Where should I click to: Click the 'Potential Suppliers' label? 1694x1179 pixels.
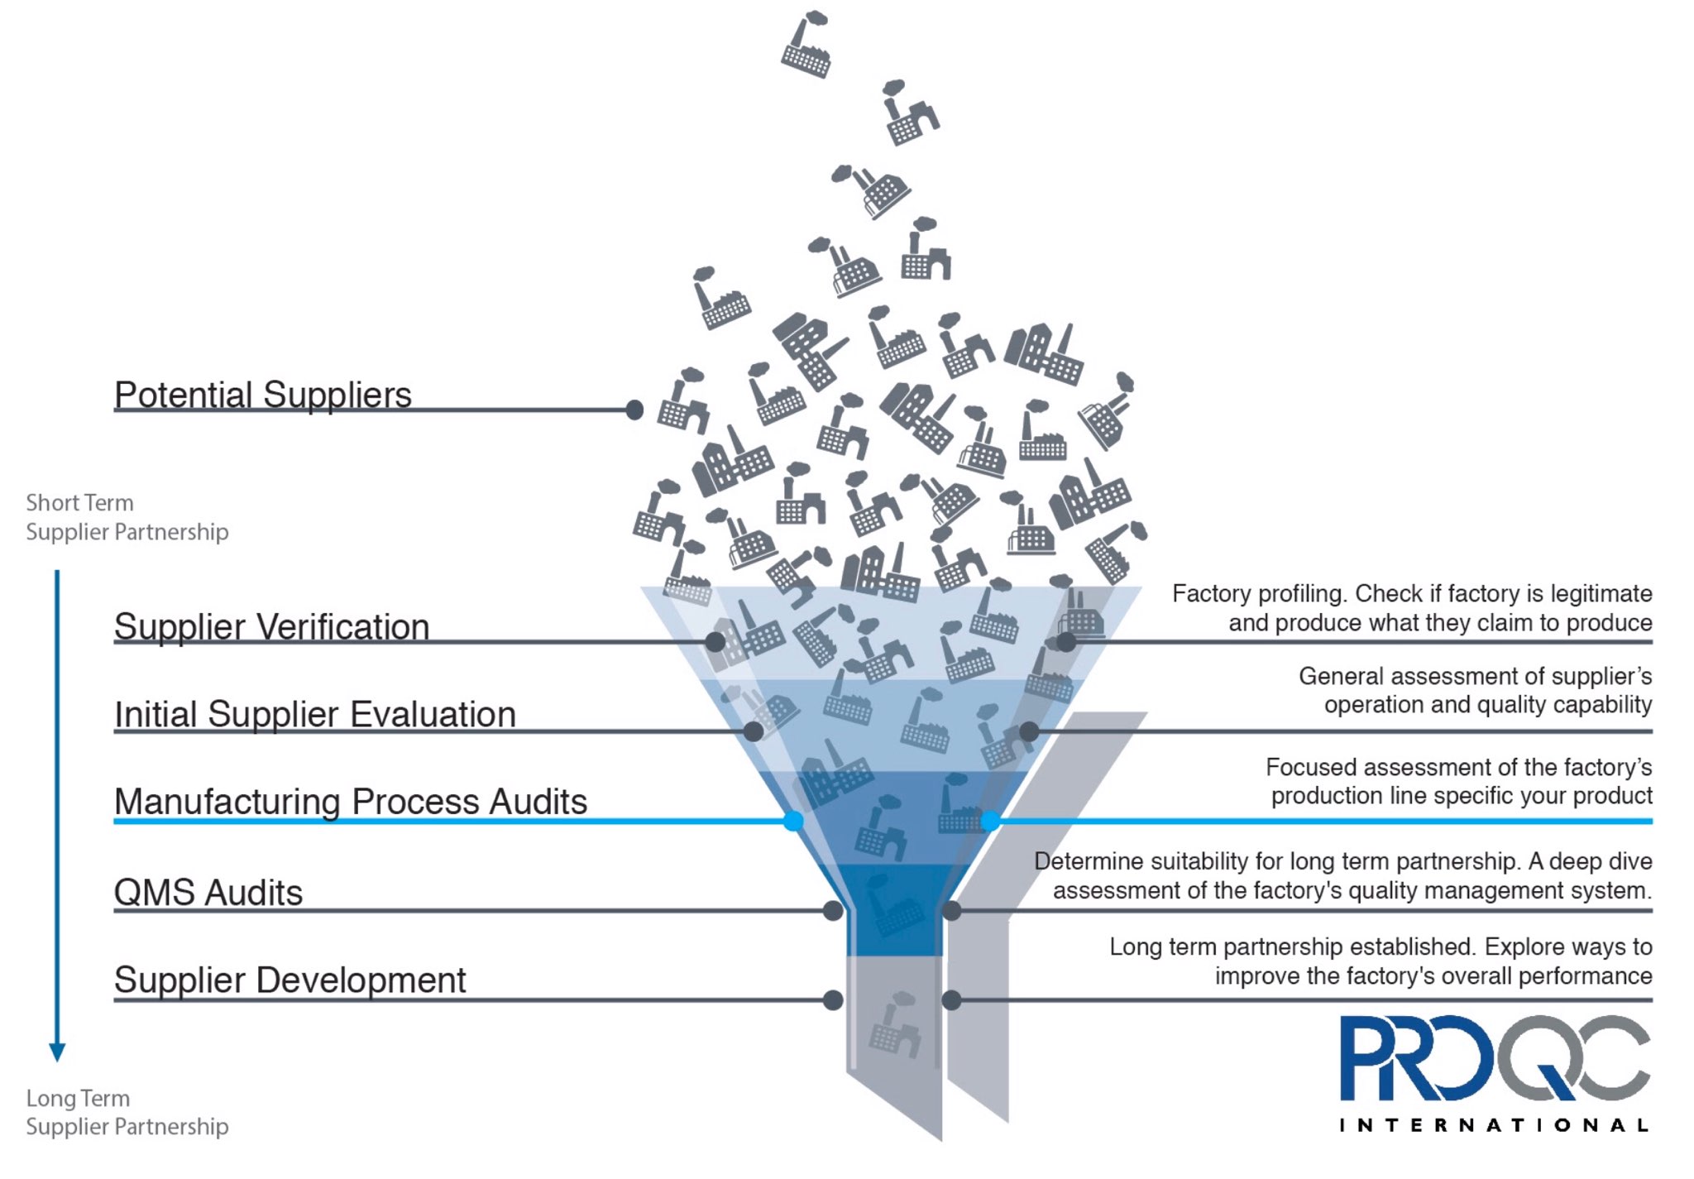263,395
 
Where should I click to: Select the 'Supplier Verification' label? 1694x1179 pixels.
271,626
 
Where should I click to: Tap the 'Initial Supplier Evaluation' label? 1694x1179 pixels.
315,714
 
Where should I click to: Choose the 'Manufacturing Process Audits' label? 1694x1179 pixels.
351,802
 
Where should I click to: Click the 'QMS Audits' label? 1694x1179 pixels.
208,893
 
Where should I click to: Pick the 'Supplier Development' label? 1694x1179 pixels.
290,980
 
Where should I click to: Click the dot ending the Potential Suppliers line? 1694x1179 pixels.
634,410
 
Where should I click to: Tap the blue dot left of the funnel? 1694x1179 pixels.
793,821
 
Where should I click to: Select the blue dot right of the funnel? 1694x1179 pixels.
990,821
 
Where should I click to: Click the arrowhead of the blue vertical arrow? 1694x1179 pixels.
57,1052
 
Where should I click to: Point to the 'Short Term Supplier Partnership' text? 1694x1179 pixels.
127,517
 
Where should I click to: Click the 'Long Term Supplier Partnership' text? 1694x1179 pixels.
127,1112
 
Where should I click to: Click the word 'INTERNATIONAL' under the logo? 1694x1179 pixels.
1494,1125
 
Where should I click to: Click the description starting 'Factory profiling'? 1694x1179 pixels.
1412,608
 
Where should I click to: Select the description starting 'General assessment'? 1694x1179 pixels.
1476,690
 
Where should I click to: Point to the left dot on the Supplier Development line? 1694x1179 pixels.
833,1000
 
